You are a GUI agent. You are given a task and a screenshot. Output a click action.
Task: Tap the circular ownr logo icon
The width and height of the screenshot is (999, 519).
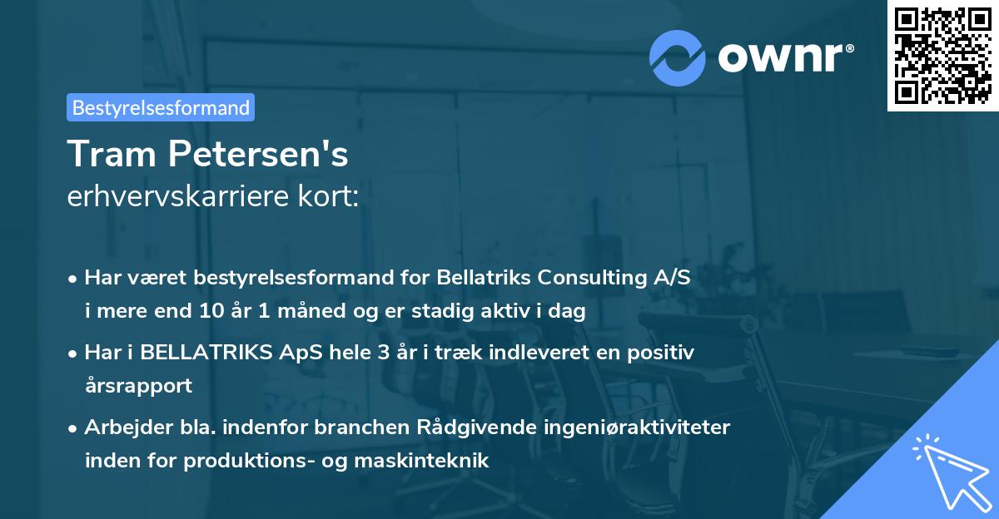pyautogui.click(x=677, y=57)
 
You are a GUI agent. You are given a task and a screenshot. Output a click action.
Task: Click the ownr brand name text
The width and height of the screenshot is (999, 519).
pyautogui.click(x=784, y=58)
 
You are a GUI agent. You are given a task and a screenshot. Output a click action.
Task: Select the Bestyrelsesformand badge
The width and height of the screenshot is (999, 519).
pyautogui.click(x=161, y=107)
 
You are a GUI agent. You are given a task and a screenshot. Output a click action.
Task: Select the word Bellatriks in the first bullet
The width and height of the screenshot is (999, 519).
pyautogui.click(x=484, y=277)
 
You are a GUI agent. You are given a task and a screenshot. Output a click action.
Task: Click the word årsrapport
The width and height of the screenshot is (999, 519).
pyautogui.click(x=138, y=385)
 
